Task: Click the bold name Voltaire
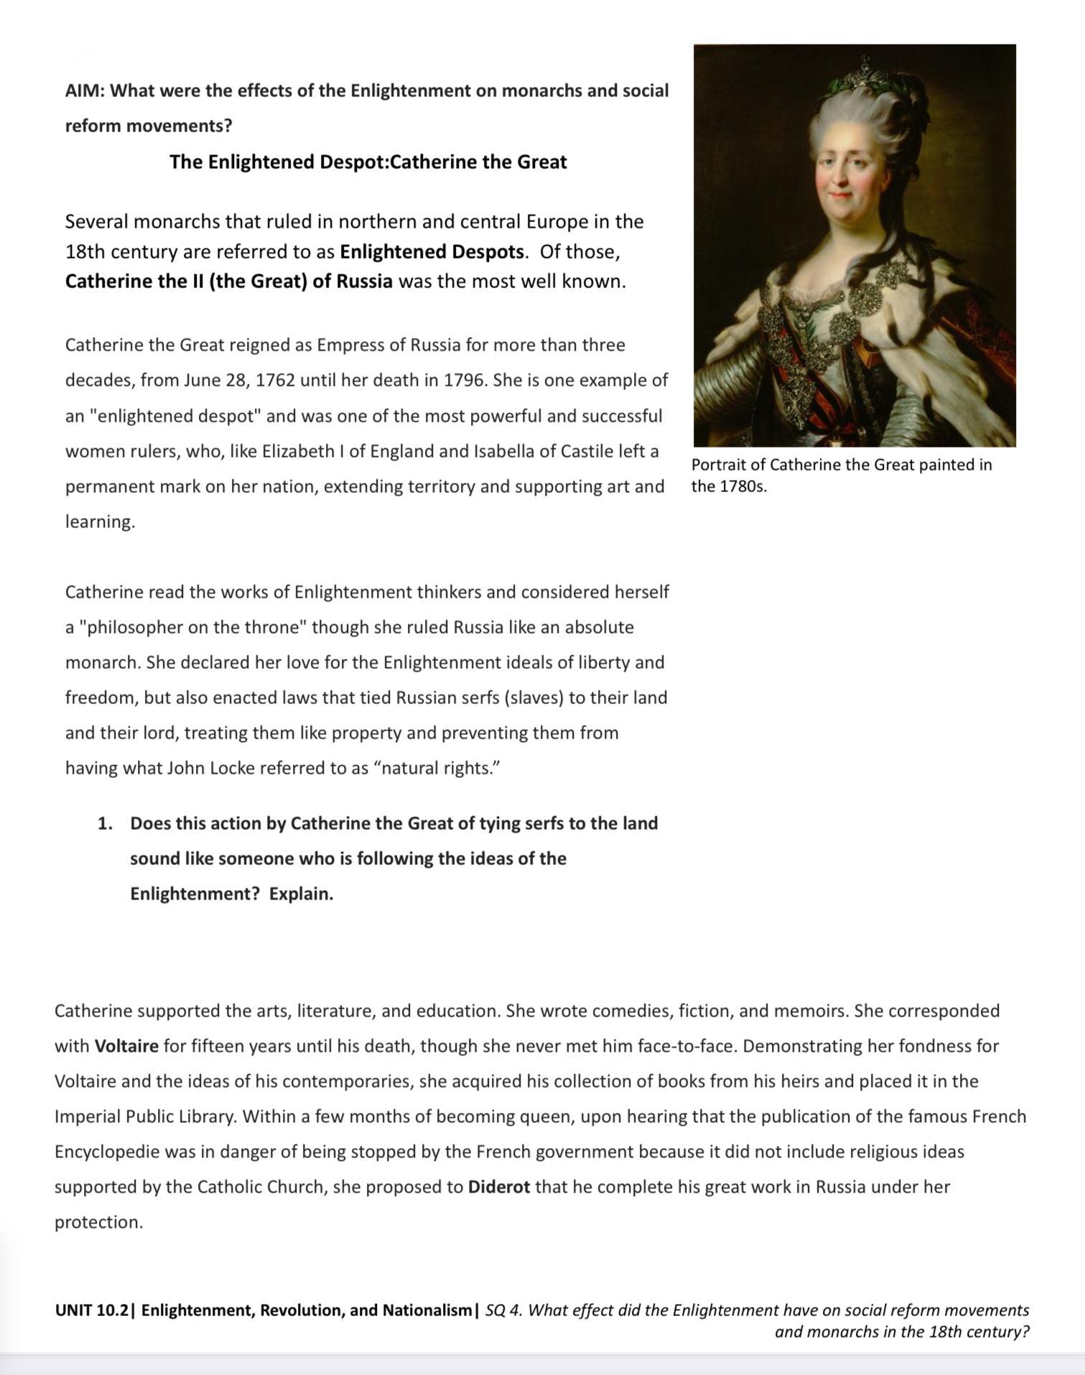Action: point(126,1046)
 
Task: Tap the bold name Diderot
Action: point(498,1187)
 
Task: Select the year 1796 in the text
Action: point(463,380)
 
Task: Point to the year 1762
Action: point(275,380)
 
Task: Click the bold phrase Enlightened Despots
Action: point(432,252)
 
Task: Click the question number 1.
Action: point(105,823)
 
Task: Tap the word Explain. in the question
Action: point(301,894)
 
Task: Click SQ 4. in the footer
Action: point(503,1310)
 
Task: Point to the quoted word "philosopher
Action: point(131,627)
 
